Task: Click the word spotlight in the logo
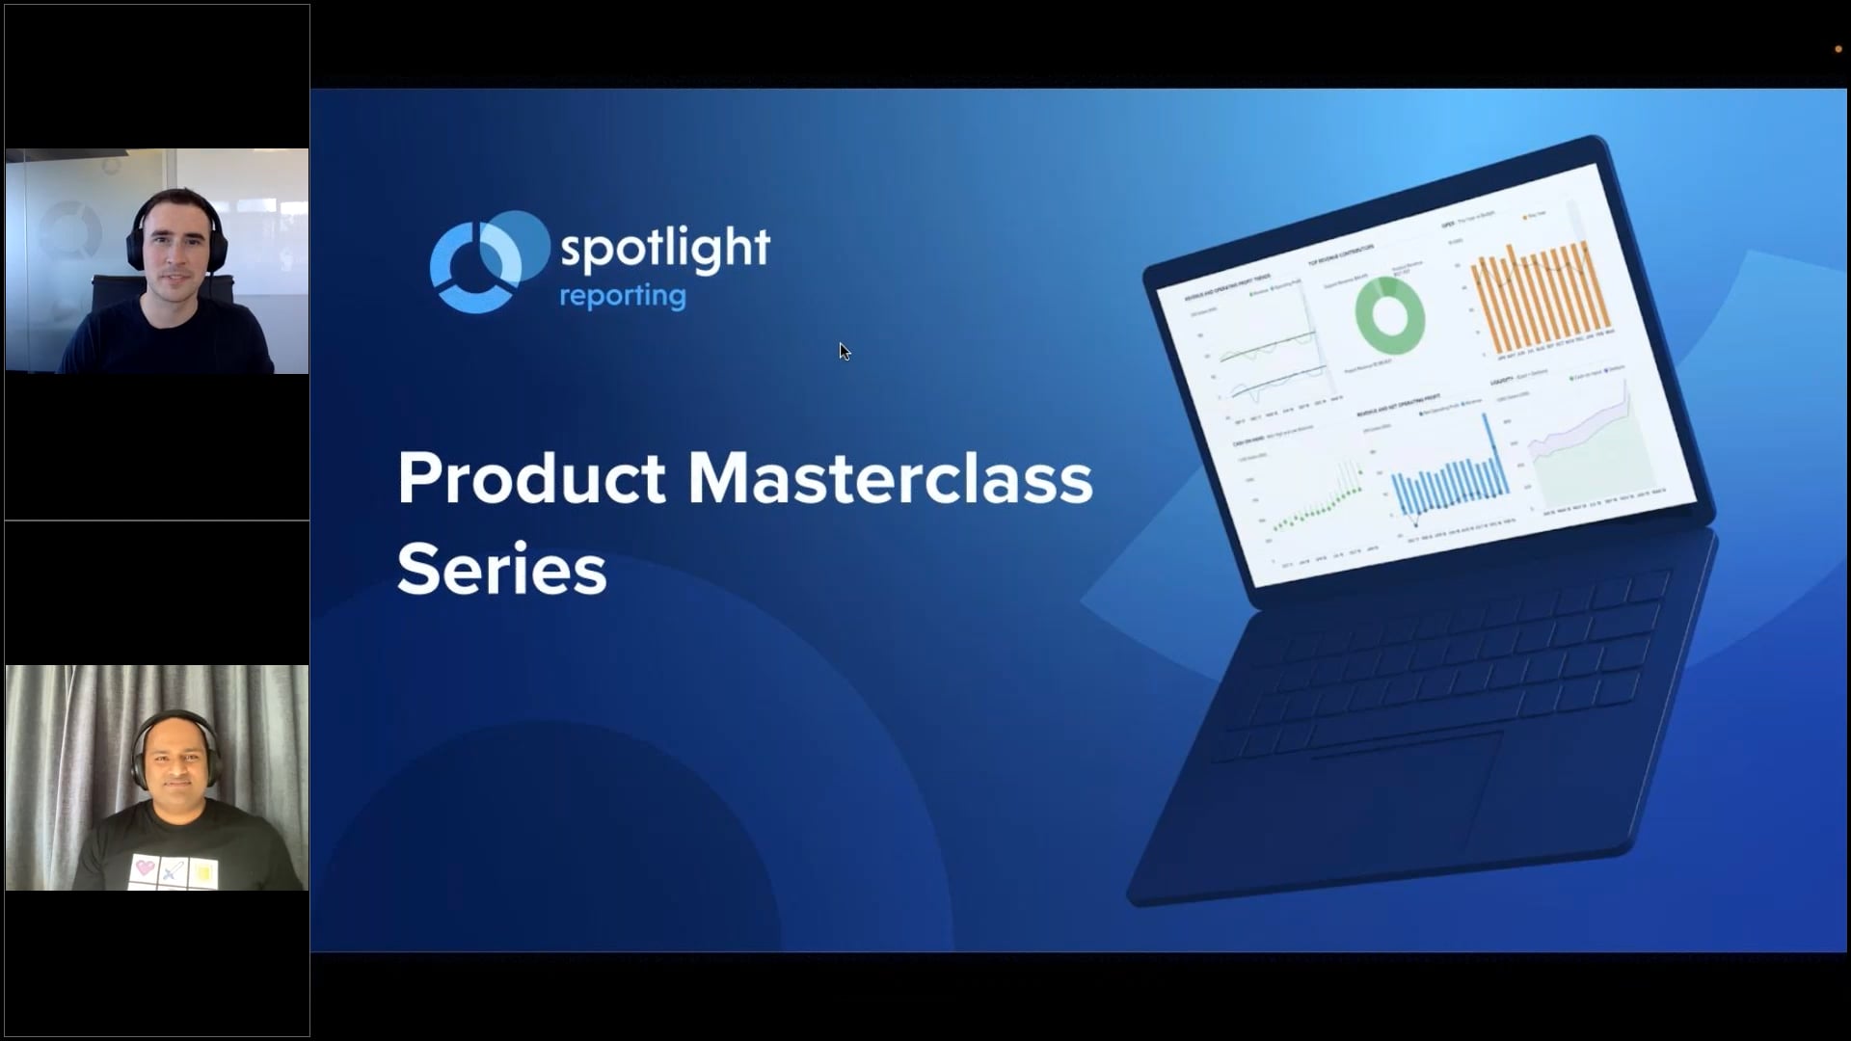tap(664, 249)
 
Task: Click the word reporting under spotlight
tap(623, 296)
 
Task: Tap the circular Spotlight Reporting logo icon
tap(487, 262)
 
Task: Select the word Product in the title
tap(531, 478)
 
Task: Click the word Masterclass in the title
tap(890, 478)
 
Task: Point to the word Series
tap(501, 569)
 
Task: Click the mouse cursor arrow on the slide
tap(844, 351)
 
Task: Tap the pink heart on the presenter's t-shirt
tap(145, 868)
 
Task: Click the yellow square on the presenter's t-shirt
tap(204, 873)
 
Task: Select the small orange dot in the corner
tap(1838, 49)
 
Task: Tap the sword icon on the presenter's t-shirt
tap(174, 871)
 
